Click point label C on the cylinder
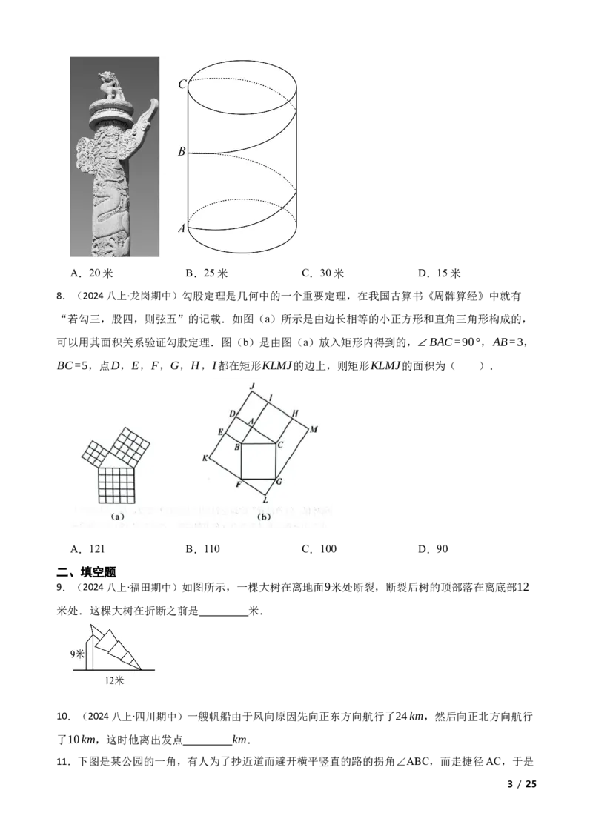click(182, 84)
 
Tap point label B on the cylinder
click(182, 152)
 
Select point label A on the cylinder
click(182, 228)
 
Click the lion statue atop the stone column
click(113, 86)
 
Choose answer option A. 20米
click(91, 273)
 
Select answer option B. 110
click(203, 549)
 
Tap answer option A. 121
click(87, 549)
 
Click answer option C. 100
click(319, 549)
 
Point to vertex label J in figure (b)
click(252, 386)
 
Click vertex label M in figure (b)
click(314, 429)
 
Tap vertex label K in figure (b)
click(205, 457)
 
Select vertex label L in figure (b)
click(265, 500)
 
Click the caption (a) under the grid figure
click(117, 517)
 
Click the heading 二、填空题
click(86, 572)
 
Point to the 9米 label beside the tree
click(78, 654)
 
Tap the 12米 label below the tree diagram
click(114, 680)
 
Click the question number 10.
click(63, 717)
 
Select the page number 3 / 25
click(522, 784)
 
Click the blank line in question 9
click(224, 615)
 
